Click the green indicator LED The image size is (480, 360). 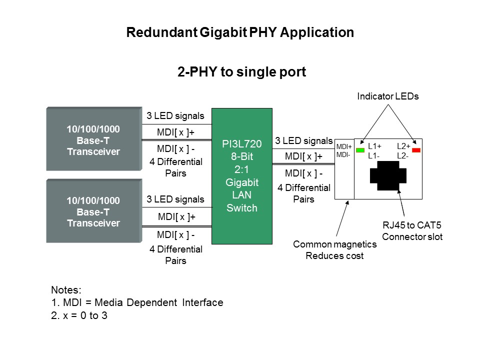[360, 150]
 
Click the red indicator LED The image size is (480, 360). [416, 150]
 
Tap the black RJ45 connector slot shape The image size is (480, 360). [388, 175]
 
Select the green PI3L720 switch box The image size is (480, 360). [242, 176]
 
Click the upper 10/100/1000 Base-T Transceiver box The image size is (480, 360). [94, 138]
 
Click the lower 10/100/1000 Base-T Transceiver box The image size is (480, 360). [94, 211]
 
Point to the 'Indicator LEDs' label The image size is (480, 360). [388, 96]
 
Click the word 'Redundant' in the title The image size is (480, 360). [162, 32]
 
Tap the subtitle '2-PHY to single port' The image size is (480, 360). [241, 72]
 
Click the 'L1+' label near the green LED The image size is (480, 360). [374, 146]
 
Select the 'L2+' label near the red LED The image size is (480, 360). [403, 146]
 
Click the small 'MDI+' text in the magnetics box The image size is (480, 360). [344, 147]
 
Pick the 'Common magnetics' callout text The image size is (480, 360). [335, 244]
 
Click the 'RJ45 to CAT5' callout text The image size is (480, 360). [412, 225]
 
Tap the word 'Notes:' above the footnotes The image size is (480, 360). [66, 290]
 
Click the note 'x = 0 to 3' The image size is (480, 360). [85, 315]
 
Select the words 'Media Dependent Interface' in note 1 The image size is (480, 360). [159, 302]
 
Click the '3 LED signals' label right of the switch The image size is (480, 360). [303, 141]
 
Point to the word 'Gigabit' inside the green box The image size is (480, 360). [242, 182]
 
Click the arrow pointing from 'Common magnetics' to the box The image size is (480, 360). [342, 218]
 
